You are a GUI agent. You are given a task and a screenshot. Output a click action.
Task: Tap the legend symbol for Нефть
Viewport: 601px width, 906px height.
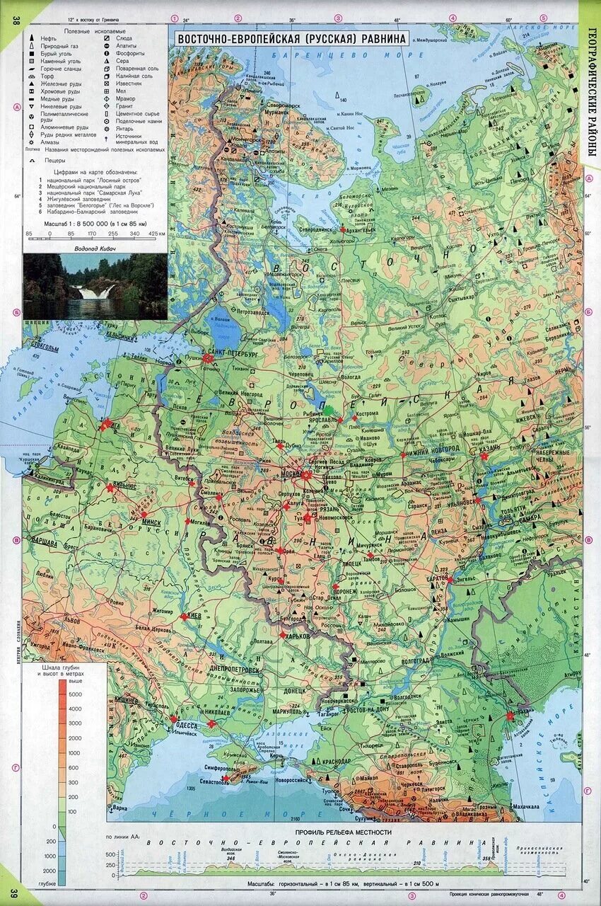pos(33,39)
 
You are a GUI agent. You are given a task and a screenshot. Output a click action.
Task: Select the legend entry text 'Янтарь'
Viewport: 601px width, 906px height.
pos(124,128)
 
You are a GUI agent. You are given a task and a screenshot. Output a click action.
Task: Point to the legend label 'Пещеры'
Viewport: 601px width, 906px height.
pos(54,161)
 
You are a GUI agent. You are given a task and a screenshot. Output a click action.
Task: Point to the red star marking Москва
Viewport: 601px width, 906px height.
pos(305,476)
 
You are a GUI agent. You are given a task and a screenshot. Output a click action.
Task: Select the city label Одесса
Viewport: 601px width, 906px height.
pos(187,724)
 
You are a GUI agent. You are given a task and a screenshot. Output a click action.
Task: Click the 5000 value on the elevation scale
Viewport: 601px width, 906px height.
pos(74,695)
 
